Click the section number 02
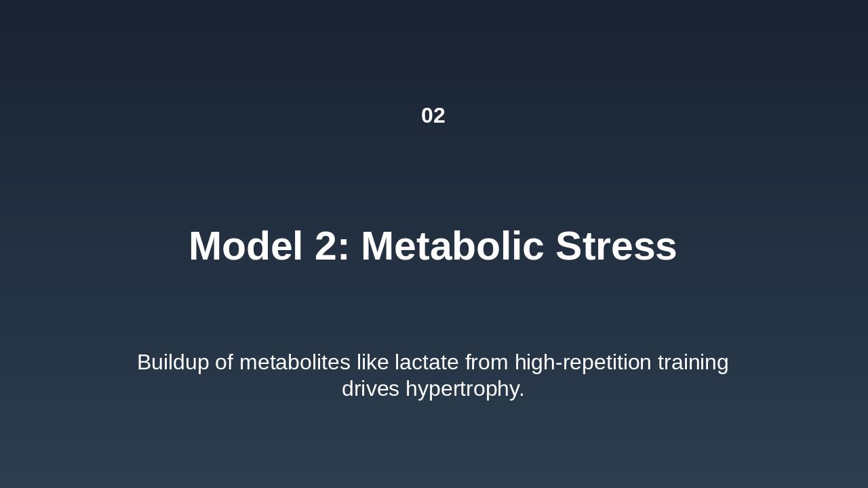coord(433,116)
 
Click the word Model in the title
coord(245,246)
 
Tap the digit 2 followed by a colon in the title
coord(332,246)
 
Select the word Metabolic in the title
coord(452,246)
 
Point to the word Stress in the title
coord(616,246)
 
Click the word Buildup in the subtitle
coord(173,363)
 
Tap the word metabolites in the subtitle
coord(294,363)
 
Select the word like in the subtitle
coord(372,363)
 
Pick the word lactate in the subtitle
coord(427,363)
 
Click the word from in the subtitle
coord(486,363)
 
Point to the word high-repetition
coord(583,363)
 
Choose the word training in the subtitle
coord(693,363)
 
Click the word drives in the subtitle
coord(370,389)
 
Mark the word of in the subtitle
coord(224,363)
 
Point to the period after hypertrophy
coord(522,396)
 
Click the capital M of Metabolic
coord(376,246)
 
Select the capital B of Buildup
coord(144,363)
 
